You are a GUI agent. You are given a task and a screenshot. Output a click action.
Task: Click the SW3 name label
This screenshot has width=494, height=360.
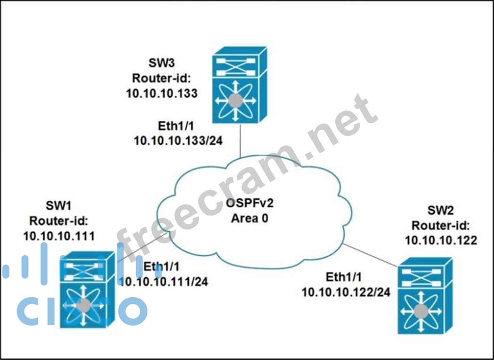coord(161,63)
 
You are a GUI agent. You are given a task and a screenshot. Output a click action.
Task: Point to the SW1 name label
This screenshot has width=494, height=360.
coord(58,205)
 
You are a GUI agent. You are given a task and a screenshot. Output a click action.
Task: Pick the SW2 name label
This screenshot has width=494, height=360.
coord(441,211)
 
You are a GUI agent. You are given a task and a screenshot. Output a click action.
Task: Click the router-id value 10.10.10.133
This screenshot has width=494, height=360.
coord(162,93)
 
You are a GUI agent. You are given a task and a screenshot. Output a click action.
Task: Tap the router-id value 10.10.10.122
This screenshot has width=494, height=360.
coord(441,240)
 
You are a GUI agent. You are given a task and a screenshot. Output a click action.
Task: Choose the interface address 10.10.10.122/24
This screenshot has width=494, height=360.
coord(346,292)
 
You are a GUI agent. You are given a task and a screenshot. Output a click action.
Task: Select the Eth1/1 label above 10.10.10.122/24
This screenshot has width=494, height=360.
coord(346,277)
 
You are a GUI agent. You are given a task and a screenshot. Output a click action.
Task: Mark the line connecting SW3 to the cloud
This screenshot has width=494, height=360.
coord(240,140)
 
